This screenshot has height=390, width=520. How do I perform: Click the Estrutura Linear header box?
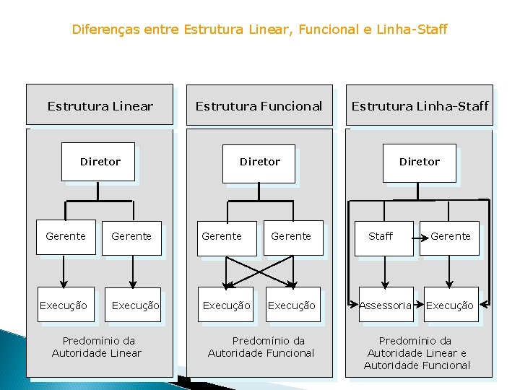click(100, 105)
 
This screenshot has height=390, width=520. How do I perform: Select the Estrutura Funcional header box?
click(259, 105)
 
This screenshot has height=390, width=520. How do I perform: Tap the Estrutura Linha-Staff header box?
click(420, 105)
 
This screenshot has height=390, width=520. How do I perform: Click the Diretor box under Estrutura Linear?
click(100, 162)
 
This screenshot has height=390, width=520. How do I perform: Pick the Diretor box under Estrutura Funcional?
click(260, 162)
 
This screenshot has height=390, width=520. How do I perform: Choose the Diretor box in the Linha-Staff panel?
click(420, 162)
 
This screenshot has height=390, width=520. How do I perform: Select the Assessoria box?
click(386, 305)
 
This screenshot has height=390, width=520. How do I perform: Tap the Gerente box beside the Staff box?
click(451, 237)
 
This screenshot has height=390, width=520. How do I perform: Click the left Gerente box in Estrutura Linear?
click(66, 236)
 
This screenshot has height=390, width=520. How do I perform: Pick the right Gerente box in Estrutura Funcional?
click(291, 236)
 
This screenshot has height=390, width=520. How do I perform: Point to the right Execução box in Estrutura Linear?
click(135, 305)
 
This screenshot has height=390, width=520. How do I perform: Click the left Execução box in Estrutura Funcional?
click(226, 305)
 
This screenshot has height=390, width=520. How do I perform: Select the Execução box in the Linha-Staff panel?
click(449, 305)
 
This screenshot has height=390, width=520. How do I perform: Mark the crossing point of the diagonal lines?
click(260, 270)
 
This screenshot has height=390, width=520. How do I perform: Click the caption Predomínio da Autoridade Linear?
click(97, 347)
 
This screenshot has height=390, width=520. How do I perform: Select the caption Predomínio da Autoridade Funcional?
click(261, 347)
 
